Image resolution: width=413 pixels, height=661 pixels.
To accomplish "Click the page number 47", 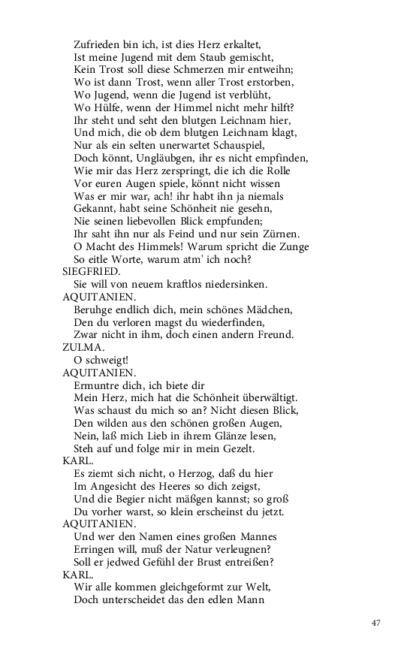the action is (377, 623).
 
